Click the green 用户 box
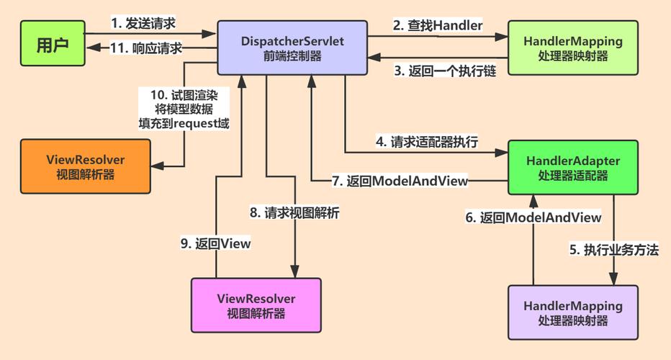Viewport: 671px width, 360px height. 52,46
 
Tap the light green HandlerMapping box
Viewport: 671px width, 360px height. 573,48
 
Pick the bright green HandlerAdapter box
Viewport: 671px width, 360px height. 573,167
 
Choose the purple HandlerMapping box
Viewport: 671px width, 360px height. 573,312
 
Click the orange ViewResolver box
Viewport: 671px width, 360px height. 85,166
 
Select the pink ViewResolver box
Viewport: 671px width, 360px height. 256,305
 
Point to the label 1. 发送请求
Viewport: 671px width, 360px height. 144,23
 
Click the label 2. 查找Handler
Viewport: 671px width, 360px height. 437,24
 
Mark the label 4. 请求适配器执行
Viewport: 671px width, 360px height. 427,141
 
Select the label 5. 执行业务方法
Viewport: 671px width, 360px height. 614,251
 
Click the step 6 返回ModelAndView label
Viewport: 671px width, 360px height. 533,217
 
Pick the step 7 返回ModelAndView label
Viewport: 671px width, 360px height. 400,181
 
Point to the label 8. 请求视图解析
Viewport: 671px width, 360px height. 295,212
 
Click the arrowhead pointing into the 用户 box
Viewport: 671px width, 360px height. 92,48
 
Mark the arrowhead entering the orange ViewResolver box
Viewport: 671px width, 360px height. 156,167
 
